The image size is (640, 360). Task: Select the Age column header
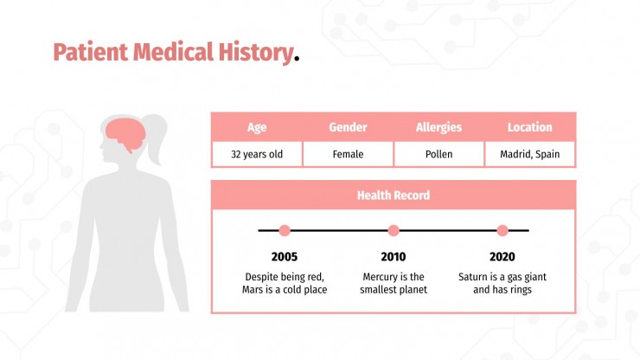click(257, 127)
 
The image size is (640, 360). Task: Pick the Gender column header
click(348, 127)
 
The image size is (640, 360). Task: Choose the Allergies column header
click(438, 127)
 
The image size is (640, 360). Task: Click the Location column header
click(529, 127)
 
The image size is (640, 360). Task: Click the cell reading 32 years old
click(257, 155)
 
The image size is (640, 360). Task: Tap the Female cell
click(348, 155)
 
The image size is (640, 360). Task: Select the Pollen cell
click(438, 155)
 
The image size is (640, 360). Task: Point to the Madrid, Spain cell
click(529, 155)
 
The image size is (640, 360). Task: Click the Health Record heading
click(394, 196)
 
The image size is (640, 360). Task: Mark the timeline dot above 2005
click(285, 231)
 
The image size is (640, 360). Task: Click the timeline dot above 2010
click(394, 231)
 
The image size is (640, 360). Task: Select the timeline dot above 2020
click(502, 231)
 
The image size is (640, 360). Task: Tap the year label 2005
click(285, 257)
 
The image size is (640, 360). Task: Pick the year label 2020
click(502, 257)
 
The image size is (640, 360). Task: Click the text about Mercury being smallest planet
click(394, 283)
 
